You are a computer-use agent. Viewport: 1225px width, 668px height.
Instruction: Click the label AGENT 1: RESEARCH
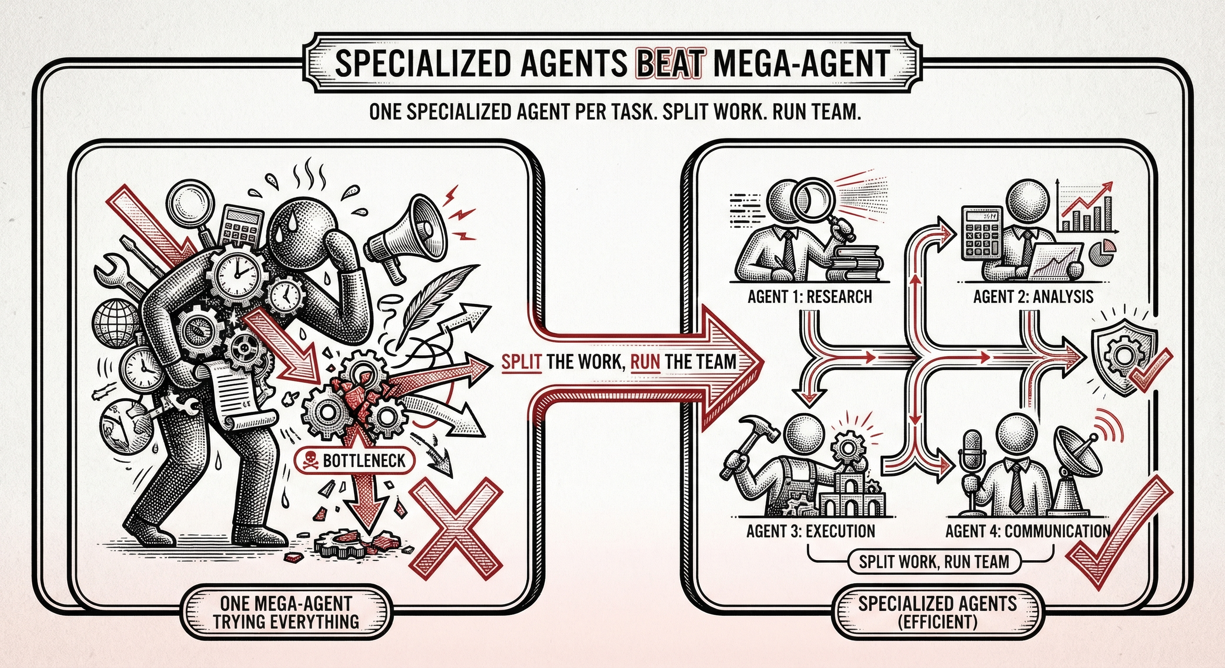click(810, 297)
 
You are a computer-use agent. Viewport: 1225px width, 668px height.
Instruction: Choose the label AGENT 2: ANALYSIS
click(1033, 297)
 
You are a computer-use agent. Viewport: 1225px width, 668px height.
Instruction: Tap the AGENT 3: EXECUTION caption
click(810, 531)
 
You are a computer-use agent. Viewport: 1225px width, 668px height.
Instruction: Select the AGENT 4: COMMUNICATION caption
click(1028, 531)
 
